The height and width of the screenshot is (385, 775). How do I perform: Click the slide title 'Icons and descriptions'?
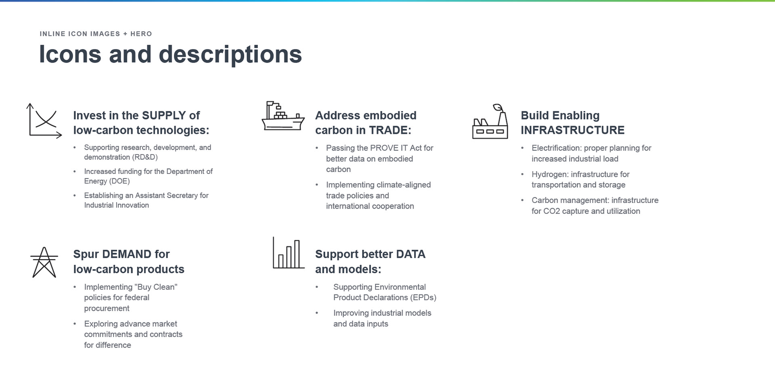tap(170, 54)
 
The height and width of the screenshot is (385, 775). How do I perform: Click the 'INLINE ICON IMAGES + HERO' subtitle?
tap(96, 34)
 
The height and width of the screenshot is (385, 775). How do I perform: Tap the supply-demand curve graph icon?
tap(44, 121)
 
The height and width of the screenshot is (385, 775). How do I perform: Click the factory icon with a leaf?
tap(490, 121)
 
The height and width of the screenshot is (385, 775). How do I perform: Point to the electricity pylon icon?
tap(44, 262)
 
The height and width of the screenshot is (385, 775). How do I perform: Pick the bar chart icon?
tap(289, 253)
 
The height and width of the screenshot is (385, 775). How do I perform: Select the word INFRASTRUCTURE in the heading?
tap(572, 130)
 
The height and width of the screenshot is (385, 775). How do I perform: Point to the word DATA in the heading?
tap(411, 254)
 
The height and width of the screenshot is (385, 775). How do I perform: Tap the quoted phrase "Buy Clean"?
tap(156, 287)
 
